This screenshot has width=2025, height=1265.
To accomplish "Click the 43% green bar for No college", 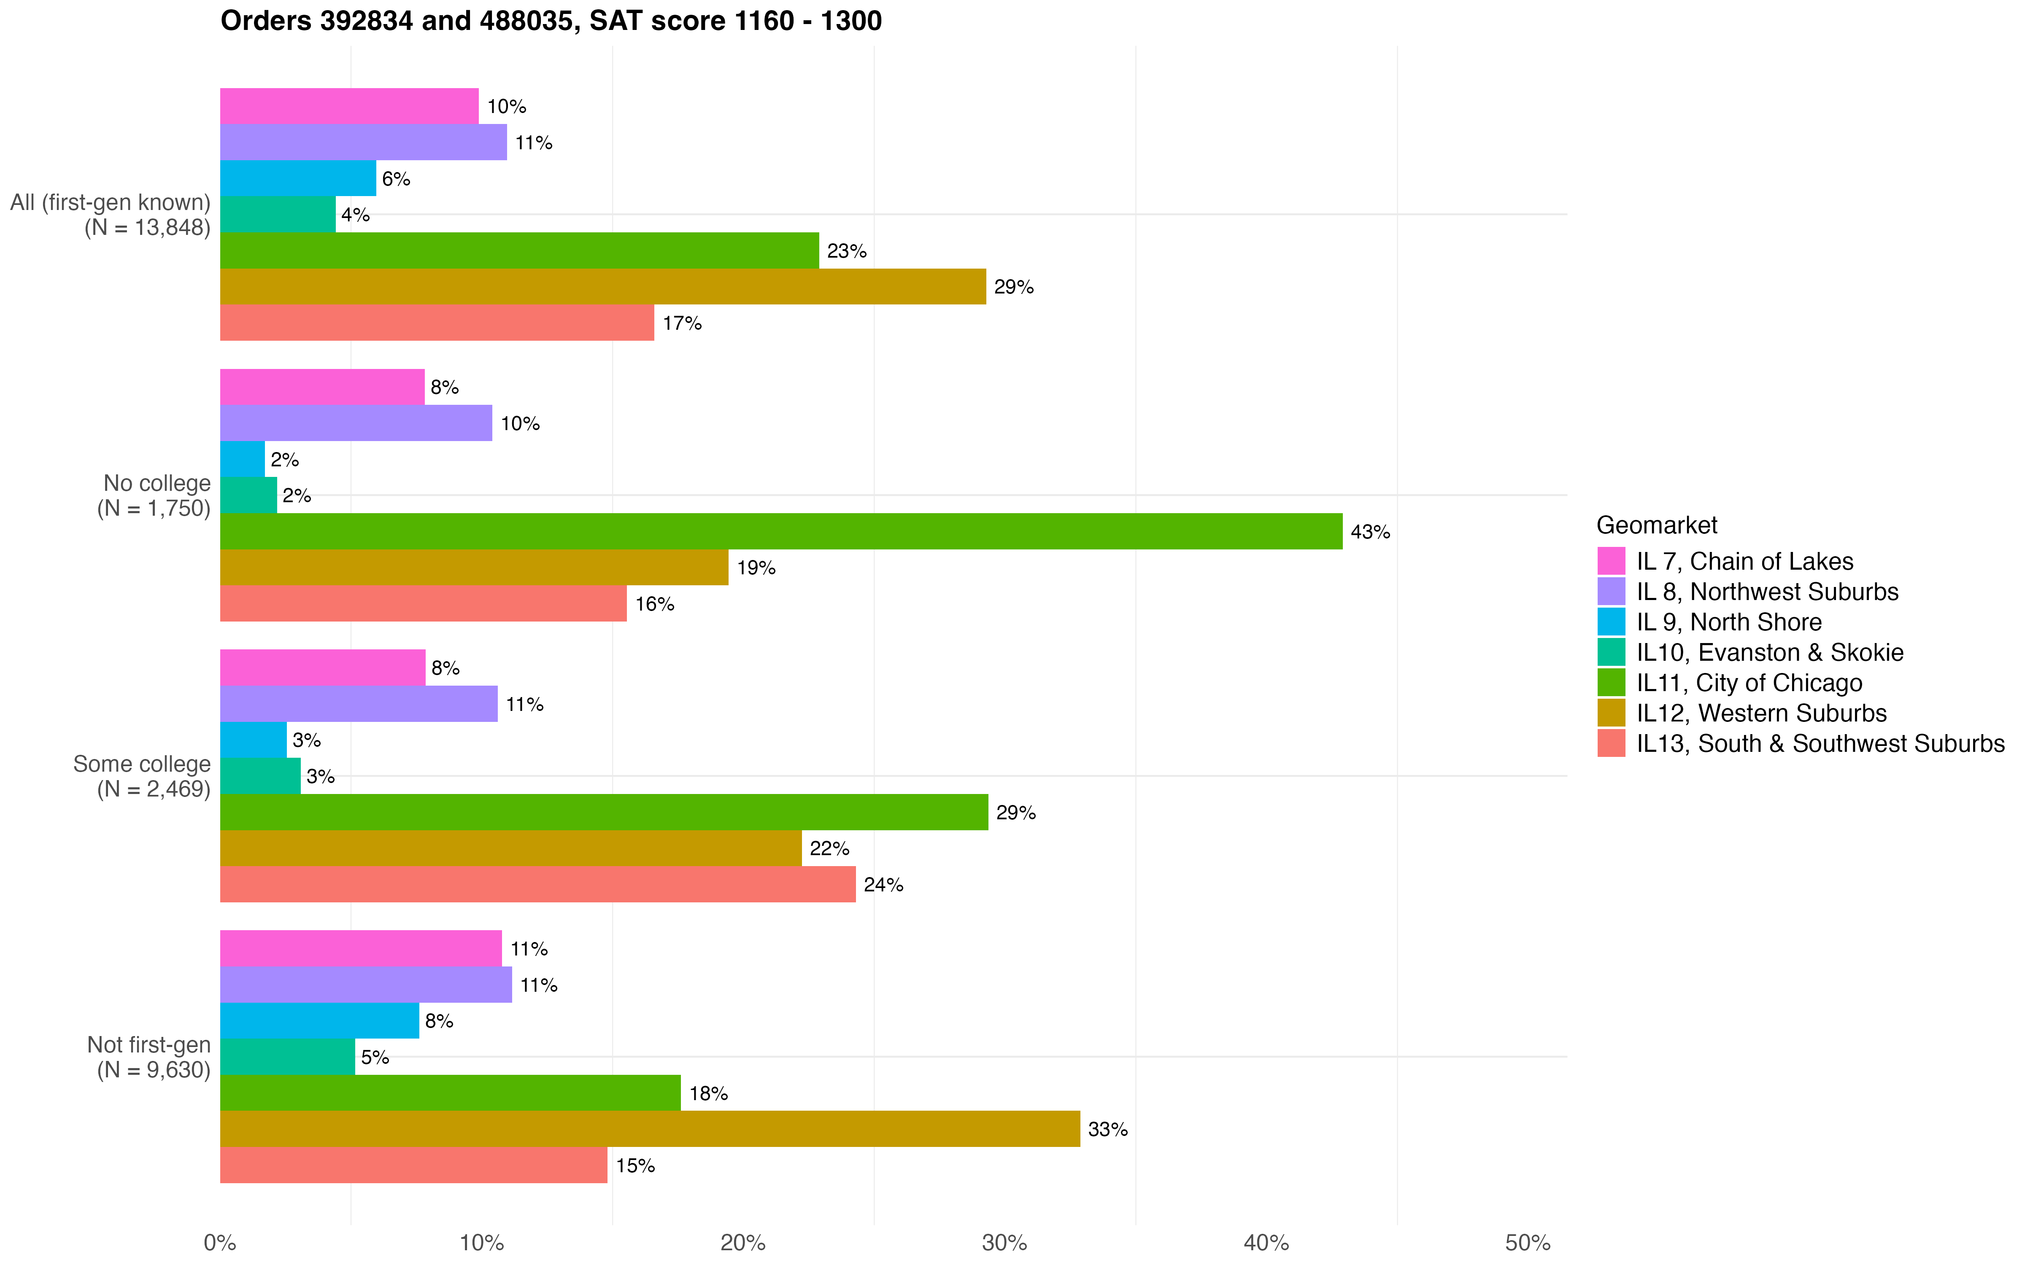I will [x=781, y=531].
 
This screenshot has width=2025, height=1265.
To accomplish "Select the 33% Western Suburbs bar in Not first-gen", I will [x=649, y=1129].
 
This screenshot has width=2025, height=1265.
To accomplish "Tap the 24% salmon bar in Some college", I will [x=537, y=884].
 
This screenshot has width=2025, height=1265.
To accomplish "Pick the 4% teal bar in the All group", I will [x=278, y=214].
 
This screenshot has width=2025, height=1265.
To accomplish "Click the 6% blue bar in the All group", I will [x=298, y=178].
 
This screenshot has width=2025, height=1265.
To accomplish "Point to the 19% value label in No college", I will [x=756, y=568].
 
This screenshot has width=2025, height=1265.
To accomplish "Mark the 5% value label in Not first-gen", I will [x=375, y=1058].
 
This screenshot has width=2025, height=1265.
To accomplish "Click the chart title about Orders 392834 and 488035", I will [x=551, y=21].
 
